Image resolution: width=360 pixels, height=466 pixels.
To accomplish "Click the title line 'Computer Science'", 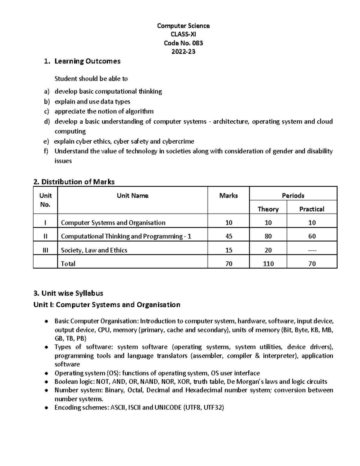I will (183, 26).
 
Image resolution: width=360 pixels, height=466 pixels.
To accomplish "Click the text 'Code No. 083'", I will (183, 43).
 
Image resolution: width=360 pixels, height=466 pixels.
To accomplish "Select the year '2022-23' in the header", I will (183, 52).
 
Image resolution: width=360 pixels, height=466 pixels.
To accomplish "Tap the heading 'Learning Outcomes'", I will (87, 61).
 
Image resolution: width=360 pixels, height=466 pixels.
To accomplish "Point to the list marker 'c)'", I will (46, 112).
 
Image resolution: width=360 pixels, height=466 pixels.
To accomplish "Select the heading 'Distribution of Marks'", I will (78, 182).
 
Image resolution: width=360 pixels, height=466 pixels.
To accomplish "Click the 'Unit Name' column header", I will (132, 196).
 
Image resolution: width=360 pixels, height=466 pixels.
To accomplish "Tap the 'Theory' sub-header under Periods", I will (268, 209).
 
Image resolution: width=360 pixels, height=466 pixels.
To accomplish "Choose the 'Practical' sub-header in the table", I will (312, 209).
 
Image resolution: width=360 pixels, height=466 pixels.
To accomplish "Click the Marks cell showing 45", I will (229, 236).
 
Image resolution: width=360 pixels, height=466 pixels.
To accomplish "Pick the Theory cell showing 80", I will (268, 236).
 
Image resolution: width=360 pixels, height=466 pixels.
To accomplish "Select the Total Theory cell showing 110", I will (268, 264).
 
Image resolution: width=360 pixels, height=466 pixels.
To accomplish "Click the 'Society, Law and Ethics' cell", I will (94, 250).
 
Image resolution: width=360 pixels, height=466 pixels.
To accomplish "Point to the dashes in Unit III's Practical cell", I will (312, 251).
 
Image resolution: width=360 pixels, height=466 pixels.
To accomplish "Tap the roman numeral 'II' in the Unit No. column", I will (45, 236).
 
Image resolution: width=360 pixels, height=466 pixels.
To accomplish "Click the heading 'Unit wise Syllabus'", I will (72, 293).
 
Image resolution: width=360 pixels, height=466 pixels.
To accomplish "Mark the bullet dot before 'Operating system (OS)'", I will (46, 374).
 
